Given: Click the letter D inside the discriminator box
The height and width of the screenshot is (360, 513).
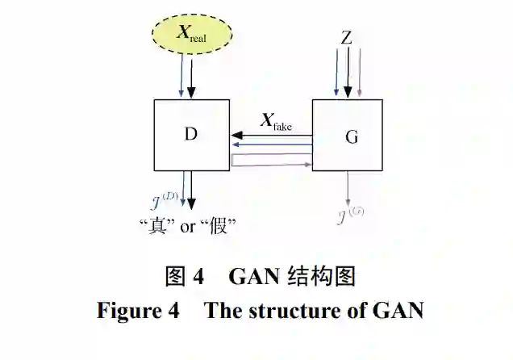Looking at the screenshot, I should point(190,133).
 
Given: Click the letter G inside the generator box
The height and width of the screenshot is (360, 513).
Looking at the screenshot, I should point(352,136).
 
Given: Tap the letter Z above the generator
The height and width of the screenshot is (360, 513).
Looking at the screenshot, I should point(346,37).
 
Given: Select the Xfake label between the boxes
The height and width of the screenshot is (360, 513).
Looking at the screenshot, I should point(275,122).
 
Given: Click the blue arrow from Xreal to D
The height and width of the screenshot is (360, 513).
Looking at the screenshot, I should point(181,79).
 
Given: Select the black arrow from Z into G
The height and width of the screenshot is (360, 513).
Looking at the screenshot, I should point(348,73).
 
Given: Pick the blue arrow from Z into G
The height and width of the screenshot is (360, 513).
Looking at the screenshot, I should point(336,73).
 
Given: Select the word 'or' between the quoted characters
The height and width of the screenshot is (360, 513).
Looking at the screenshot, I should point(188,227).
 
